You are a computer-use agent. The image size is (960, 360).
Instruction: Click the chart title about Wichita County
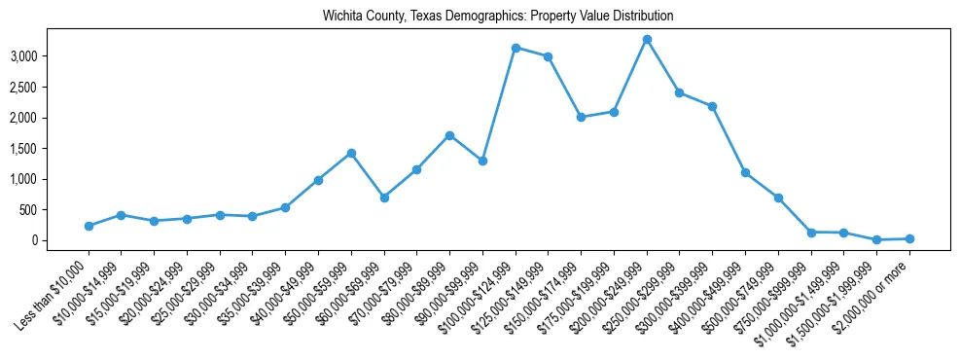pos(498,17)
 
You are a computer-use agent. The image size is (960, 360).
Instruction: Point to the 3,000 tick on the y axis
pos(23,56)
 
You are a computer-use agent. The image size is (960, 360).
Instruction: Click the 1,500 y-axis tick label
pos(23,149)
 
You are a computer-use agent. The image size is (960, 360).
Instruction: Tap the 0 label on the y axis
pos(33,240)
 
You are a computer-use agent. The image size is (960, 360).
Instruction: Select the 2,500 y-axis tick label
pos(23,88)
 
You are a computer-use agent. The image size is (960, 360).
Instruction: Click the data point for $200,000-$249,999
pos(647,39)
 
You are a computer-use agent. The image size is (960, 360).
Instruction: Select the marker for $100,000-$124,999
pos(516,48)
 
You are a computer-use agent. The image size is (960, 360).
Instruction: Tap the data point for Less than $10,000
pos(89,226)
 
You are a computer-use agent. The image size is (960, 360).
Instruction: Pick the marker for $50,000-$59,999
pos(351,153)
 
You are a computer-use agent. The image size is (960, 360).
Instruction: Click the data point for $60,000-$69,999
pos(384,198)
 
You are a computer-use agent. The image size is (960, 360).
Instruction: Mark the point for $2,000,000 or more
pos(909,238)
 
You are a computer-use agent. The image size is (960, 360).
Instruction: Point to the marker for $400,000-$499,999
pos(745,172)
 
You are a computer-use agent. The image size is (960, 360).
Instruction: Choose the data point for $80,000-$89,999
pos(449,135)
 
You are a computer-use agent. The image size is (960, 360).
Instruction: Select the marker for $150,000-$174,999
pos(581,117)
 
